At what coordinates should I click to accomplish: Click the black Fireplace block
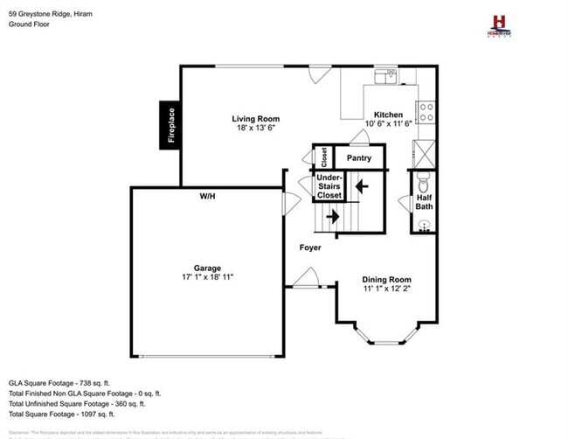click(170, 124)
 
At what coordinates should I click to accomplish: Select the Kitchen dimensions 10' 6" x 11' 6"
click(388, 124)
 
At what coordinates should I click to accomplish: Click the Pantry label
click(359, 158)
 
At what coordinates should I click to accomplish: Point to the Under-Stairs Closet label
click(329, 186)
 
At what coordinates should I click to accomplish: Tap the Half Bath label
click(424, 202)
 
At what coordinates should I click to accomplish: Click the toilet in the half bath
click(423, 184)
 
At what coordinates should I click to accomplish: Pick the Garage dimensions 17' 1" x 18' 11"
click(207, 277)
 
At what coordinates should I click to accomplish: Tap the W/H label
click(207, 196)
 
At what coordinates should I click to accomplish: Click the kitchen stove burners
click(427, 112)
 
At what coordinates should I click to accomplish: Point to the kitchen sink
click(385, 77)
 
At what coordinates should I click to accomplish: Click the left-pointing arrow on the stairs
click(360, 185)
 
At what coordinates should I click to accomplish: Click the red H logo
click(499, 22)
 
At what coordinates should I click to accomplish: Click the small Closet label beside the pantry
click(323, 157)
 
